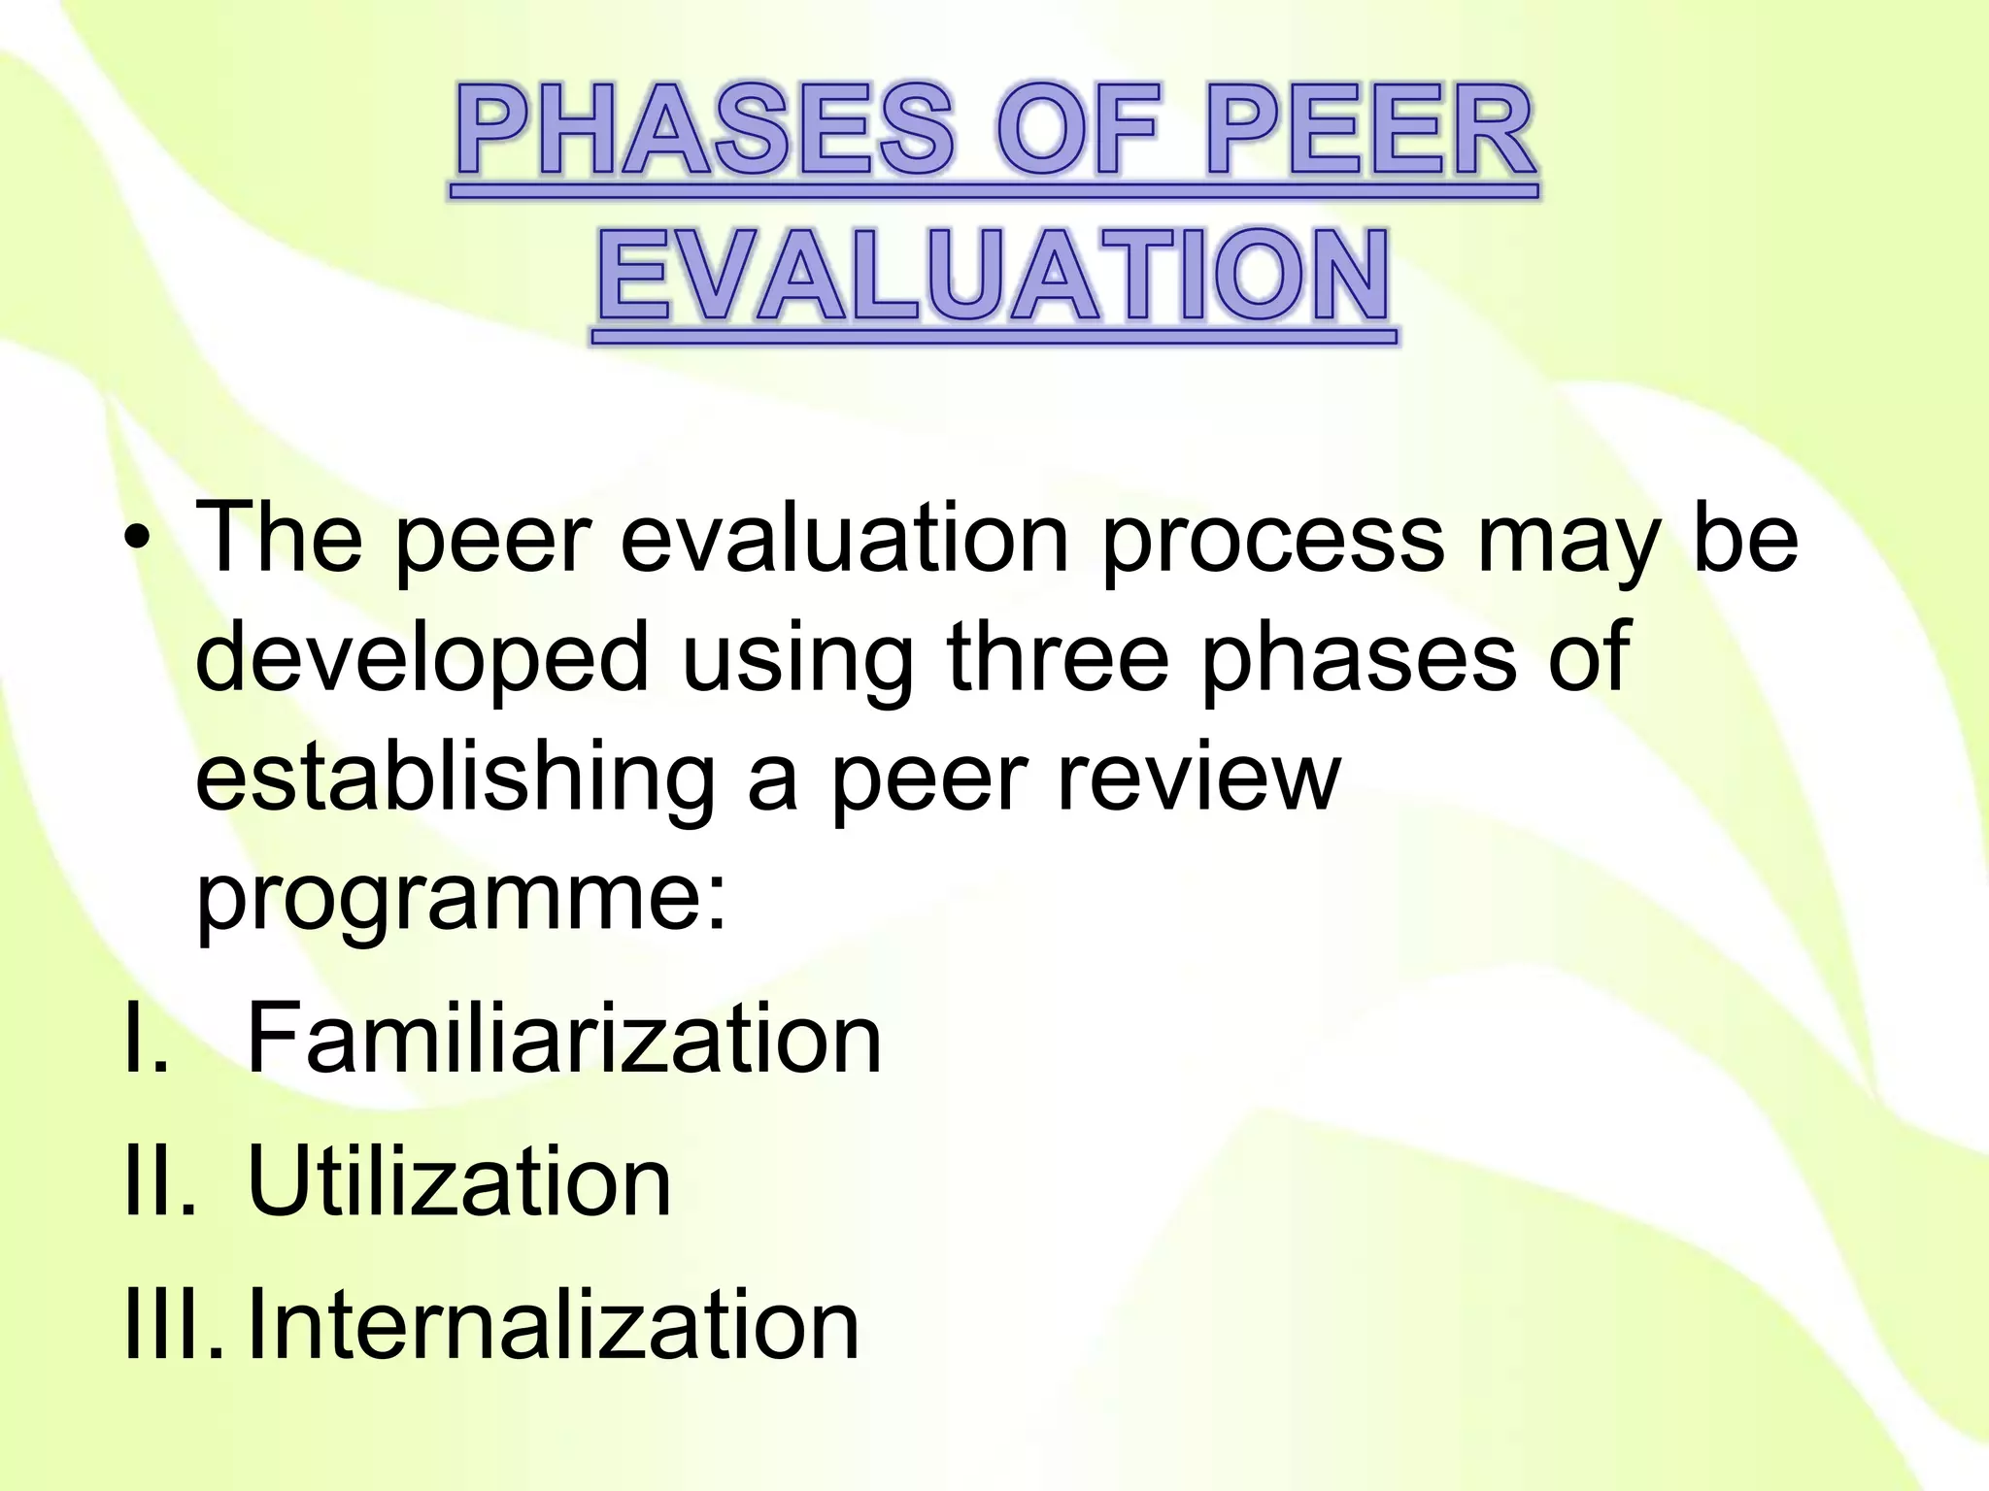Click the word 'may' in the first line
click(1573, 544)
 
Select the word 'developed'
click(421, 660)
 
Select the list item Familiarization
click(564, 1039)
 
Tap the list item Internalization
click(554, 1324)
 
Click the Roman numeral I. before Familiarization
click(146, 1039)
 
